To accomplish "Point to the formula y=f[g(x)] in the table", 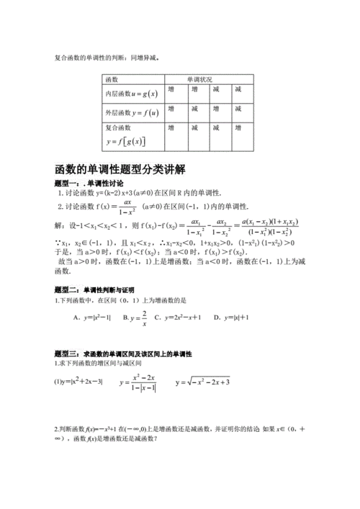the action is (125, 140).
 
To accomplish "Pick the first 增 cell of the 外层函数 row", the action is (171, 108).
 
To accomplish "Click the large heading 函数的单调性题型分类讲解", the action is (120, 170).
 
